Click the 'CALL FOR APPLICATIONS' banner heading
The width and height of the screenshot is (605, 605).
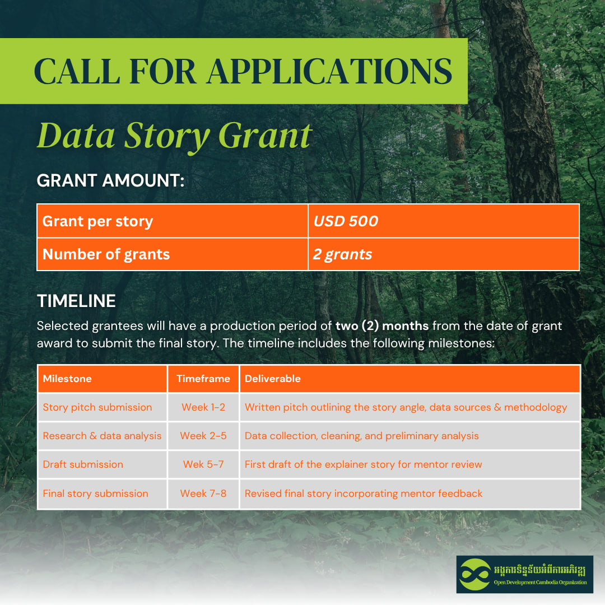tap(243, 71)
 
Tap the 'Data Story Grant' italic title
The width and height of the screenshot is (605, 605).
tap(174, 136)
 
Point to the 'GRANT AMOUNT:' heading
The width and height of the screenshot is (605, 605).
tap(111, 180)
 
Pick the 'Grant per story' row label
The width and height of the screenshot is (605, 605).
tap(97, 221)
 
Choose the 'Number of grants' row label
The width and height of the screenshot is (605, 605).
tap(106, 254)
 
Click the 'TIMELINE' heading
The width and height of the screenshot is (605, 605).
tap(76, 301)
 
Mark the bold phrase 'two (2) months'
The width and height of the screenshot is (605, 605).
tap(382, 326)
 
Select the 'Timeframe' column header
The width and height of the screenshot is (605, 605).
tap(203, 379)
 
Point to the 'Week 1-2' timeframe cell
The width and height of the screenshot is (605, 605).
tap(203, 407)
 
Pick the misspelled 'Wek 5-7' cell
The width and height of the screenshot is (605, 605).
tap(203, 464)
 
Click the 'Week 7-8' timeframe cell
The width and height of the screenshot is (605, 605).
tap(203, 493)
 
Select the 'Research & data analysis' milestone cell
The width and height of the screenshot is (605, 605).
tap(103, 436)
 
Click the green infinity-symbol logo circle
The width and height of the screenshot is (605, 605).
tap(475, 575)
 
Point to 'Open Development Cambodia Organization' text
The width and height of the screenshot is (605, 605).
tap(540, 582)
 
